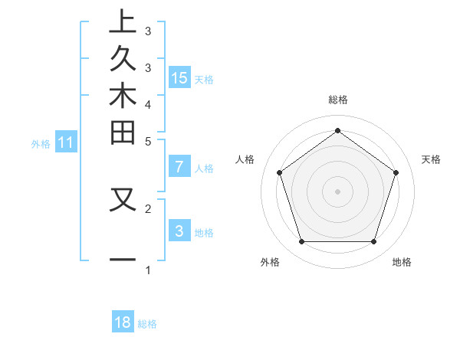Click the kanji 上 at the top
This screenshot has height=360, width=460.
coord(123,21)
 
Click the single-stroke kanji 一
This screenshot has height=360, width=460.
coord(123,260)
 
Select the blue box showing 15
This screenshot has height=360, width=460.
coord(179,77)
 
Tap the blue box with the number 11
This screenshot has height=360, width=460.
coord(66,142)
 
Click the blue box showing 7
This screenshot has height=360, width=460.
coord(179,166)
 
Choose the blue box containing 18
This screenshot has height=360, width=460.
coord(123,322)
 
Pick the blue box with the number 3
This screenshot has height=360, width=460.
coord(179,231)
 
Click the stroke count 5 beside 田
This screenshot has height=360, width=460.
coord(148,141)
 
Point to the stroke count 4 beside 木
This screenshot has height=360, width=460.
coord(148,103)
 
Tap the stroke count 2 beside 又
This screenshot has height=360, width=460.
coord(148,208)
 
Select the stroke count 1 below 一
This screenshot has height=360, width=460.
coord(148,270)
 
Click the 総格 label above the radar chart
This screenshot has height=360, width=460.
coord(337,100)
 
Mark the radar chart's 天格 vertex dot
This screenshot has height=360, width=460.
coord(396,172)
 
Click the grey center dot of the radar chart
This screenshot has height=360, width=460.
coord(337,191)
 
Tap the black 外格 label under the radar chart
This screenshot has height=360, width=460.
coord(270,262)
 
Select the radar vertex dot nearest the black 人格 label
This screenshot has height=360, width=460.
coord(279,172)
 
